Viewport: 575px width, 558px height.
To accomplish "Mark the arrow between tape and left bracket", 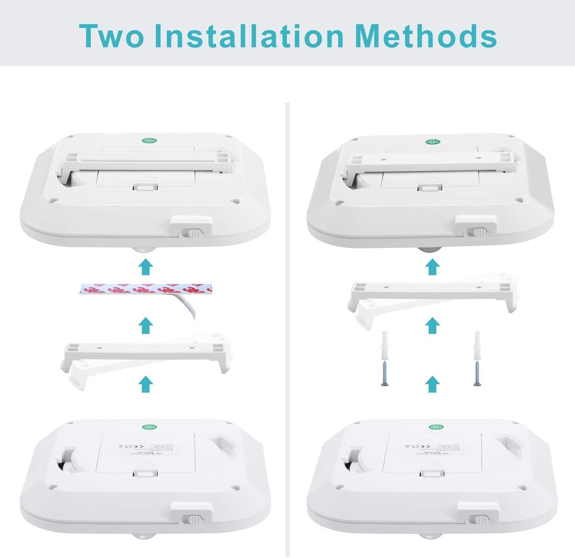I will click(146, 325).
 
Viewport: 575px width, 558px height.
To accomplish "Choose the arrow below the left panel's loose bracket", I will click(146, 385).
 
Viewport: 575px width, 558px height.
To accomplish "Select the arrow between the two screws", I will click(432, 384).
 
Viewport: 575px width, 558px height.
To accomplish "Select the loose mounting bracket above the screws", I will click(432, 295).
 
